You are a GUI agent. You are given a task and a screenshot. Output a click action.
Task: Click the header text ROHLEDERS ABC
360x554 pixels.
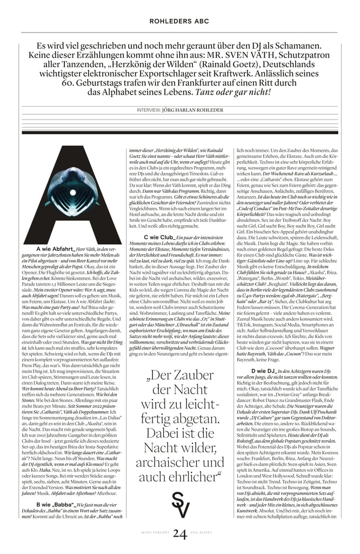pos(179,21)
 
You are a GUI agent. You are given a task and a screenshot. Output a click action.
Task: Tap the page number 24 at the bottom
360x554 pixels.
pos(179,534)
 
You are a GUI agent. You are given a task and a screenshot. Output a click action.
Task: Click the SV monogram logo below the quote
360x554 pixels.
pos(179,506)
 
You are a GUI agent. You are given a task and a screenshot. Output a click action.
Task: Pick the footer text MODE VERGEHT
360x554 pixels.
pos(153,535)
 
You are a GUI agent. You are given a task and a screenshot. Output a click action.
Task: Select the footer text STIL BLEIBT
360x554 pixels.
pos(205,535)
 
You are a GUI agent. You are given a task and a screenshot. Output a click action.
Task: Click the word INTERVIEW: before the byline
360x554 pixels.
pos(150,110)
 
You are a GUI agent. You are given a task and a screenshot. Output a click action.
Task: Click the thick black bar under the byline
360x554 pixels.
pos(179,133)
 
